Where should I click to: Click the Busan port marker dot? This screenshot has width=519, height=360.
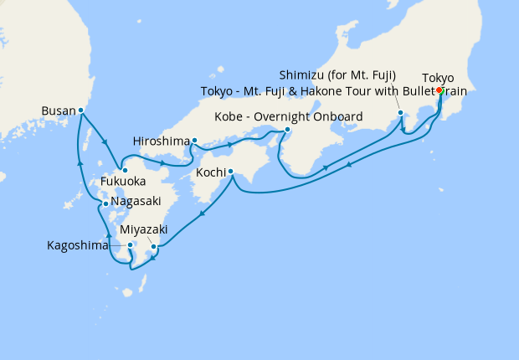pos(81,110)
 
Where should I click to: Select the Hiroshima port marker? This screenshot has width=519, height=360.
pos(194,141)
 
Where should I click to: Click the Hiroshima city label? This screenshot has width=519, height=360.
pos(161,141)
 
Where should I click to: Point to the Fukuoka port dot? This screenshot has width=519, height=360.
pos(125,171)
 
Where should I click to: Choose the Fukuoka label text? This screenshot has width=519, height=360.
pos(123,182)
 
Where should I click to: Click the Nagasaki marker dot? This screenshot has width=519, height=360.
pos(105,203)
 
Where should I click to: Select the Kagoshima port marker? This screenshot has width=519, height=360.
pos(131,245)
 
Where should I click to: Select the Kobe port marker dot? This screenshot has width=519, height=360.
pos(287,129)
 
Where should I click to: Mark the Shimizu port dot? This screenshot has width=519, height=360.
pos(401,112)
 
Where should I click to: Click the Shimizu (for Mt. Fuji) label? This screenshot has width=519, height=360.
pos(338,74)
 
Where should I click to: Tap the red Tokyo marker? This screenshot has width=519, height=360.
pos(439,90)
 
